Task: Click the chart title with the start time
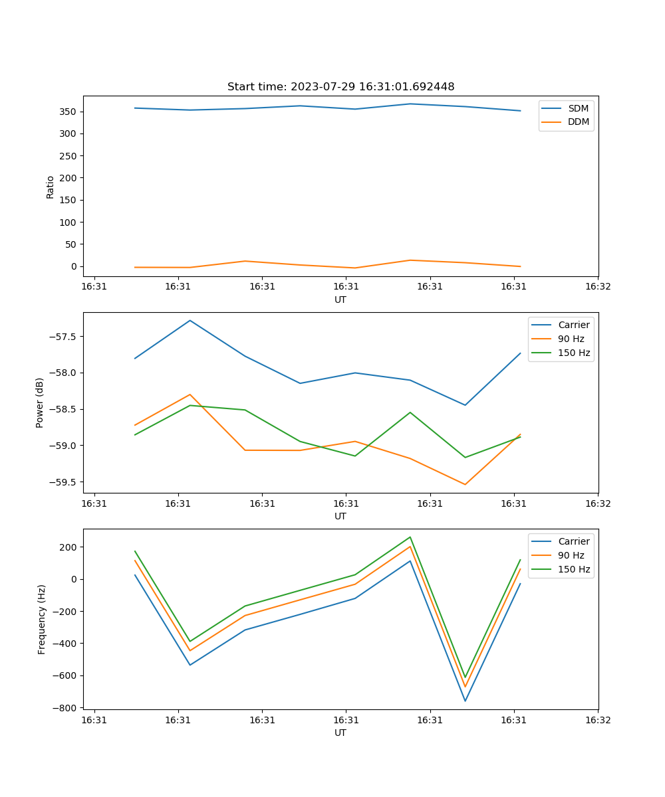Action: pos(340,87)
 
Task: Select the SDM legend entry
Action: pos(578,108)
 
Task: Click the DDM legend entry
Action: pos(579,122)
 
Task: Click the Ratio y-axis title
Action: pos(51,187)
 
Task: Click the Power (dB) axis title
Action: pos(40,402)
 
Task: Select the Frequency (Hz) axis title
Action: pos(42,619)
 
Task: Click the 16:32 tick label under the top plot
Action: pos(597,286)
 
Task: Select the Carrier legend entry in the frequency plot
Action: pos(573,541)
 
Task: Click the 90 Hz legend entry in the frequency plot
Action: pos(571,555)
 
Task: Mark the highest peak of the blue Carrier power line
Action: pos(190,321)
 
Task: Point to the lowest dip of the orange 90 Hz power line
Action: pos(465,484)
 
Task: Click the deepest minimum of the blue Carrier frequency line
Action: pos(465,701)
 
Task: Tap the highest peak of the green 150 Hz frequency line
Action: pos(410,537)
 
